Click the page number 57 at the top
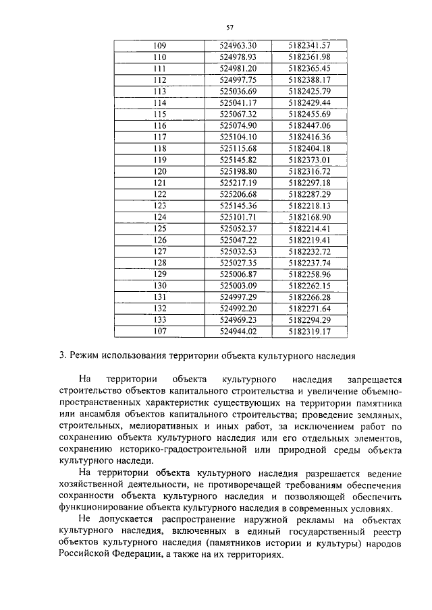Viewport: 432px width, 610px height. [x=230, y=27]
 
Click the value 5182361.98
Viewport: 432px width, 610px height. [x=308, y=57]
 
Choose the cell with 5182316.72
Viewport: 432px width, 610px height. [x=308, y=171]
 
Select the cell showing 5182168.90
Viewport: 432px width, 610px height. [x=308, y=217]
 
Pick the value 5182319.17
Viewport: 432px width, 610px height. [x=308, y=332]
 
